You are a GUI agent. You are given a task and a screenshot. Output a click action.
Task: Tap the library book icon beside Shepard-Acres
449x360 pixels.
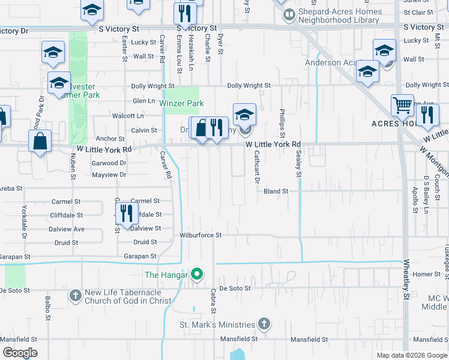click(289, 13)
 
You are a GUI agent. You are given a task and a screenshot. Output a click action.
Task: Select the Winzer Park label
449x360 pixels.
click(181, 103)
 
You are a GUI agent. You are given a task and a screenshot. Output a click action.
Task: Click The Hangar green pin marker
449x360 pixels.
click(196, 275)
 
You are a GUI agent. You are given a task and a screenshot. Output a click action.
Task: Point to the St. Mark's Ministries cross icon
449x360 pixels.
click(264, 325)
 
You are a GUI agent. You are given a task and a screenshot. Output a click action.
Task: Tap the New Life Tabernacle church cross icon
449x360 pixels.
click(75, 296)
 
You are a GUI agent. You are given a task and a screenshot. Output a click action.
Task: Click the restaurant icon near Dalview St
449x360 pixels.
click(126, 214)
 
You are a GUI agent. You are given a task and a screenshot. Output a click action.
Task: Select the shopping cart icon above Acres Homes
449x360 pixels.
click(402, 106)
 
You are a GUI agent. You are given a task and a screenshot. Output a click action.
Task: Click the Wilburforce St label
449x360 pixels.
click(201, 235)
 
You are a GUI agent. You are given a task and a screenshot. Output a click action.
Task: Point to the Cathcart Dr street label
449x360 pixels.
click(256, 167)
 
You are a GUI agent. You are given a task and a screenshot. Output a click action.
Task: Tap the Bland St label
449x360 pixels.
click(276, 191)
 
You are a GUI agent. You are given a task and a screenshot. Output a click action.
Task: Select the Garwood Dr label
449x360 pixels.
click(109, 163)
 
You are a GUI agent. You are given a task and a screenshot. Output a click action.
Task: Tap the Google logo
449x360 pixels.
click(20, 353)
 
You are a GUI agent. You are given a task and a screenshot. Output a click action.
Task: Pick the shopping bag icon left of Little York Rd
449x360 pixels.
click(40, 142)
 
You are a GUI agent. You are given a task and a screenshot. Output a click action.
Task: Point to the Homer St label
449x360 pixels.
click(427, 274)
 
